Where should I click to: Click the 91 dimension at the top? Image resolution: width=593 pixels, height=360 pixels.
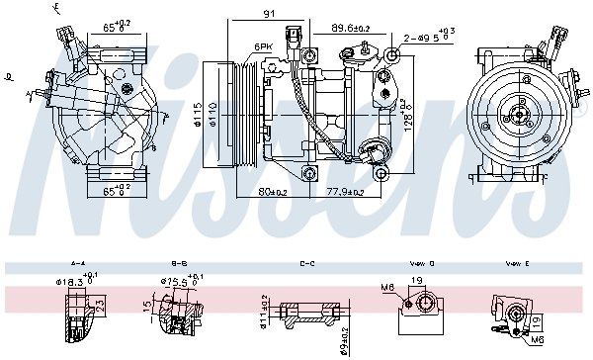click(268, 13)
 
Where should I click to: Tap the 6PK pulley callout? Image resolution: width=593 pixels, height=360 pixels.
click(263, 46)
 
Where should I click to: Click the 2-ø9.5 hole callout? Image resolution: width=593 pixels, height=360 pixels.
click(427, 40)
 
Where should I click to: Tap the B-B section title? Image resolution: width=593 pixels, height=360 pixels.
click(180, 264)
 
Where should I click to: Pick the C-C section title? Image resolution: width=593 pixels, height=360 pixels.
click(307, 264)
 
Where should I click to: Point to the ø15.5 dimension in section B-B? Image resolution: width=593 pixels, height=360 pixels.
click(174, 284)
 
